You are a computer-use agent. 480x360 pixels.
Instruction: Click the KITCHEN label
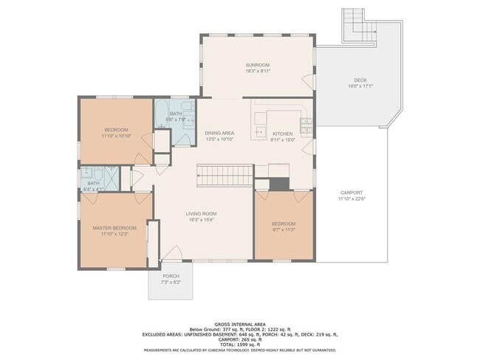point(282,134)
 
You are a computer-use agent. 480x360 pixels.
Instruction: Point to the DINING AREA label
point(219,133)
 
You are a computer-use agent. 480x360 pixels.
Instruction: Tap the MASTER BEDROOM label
point(112,228)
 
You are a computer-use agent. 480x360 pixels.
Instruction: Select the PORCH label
point(170,277)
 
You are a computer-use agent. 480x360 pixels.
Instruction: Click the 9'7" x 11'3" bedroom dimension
point(283,230)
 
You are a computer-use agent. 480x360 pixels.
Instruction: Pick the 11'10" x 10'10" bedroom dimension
point(116,136)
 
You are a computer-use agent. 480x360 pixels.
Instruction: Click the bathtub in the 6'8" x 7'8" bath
point(162,114)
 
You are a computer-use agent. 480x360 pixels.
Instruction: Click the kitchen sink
point(259,134)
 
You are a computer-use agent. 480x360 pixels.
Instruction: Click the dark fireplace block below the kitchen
point(278,184)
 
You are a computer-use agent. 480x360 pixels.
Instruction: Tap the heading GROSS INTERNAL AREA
point(239,324)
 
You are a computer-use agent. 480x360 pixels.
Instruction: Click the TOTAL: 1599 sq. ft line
point(239,345)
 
